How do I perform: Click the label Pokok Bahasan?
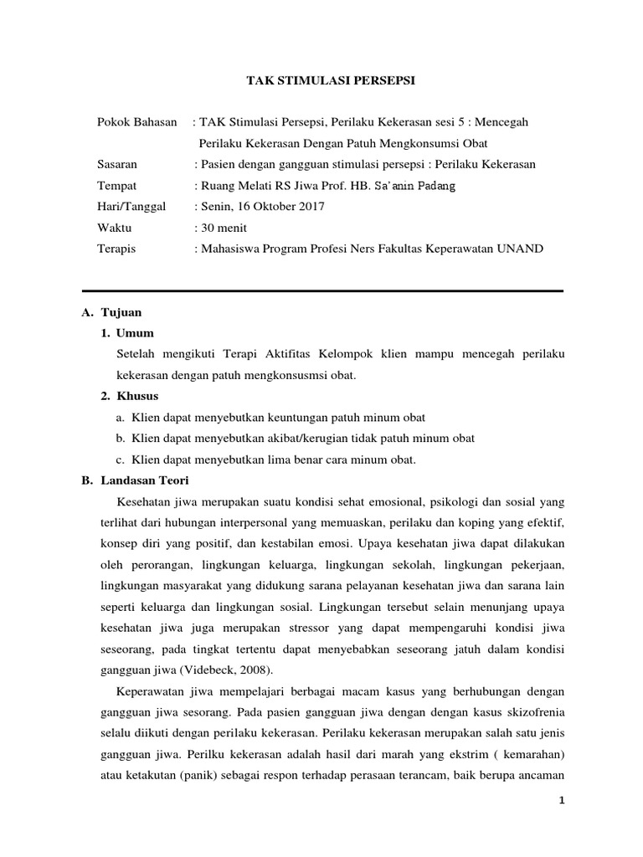[x=137, y=122]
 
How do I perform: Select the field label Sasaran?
[x=118, y=164]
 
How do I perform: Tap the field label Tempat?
[x=116, y=185]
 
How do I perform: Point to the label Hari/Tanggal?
[x=131, y=206]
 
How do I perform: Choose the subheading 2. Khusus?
[x=130, y=396]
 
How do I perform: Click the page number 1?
[x=563, y=799]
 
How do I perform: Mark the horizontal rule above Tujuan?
[x=322, y=290]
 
